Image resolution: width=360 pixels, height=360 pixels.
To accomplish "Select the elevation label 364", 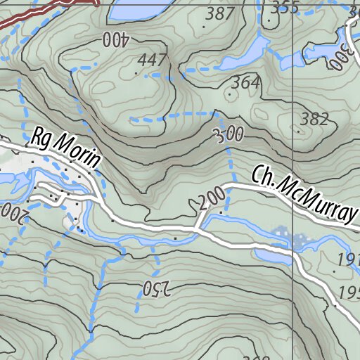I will click(246, 83).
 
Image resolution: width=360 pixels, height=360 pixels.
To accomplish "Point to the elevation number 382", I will click(314, 119).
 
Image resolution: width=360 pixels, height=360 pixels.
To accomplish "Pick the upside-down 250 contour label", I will click(157, 288).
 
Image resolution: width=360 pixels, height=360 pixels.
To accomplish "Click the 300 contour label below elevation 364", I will click(229, 134).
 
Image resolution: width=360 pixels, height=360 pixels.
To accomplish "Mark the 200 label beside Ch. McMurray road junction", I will click(211, 200).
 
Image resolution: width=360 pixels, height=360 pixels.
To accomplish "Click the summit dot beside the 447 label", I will click(137, 72).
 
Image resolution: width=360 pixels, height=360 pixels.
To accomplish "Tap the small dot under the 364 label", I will click(229, 94).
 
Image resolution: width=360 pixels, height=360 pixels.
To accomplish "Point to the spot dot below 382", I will click(300, 131).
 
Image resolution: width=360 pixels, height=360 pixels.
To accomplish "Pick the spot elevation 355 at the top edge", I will click(285, 8).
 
